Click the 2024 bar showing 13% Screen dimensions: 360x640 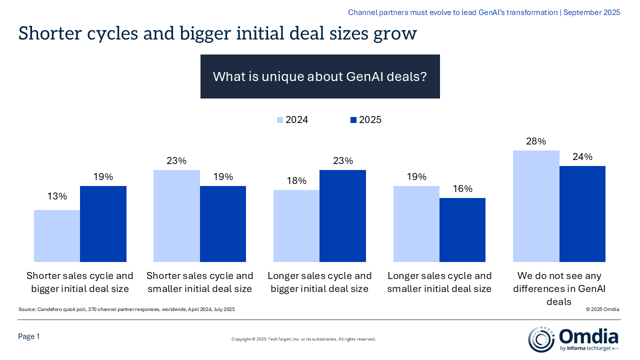[57, 235]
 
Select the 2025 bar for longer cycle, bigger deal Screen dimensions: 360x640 [342, 215]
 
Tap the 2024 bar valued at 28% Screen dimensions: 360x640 [536, 205]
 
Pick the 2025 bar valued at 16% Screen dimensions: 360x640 [462, 229]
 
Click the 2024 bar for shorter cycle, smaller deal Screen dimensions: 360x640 [176, 215]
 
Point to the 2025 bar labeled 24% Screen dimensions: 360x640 [582, 213]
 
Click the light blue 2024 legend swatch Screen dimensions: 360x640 [280, 120]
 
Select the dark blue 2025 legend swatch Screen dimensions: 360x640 [353, 120]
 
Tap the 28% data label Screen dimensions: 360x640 [536, 141]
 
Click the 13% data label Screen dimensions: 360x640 [57, 196]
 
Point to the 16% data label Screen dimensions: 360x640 [462, 188]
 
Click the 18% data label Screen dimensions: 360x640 [296, 180]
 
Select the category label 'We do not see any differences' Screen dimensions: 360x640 [559, 288]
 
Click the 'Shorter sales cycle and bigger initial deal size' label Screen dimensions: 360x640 [80, 282]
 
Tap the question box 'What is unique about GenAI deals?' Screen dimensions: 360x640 [320, 76]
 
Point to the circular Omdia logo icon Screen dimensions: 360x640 [541, 339]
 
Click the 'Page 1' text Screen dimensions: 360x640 [29, 336]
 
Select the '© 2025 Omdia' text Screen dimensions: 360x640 [603, 309]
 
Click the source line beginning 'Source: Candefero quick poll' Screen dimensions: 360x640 [126, 309]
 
